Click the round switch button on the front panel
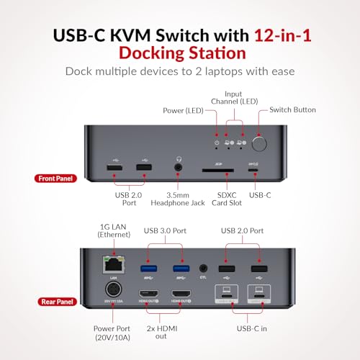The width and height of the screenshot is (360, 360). [259, 143]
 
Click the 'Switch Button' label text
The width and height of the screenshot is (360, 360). [292, 110]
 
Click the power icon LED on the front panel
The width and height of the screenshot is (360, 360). [217, 143]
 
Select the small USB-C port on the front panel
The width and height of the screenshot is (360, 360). [251, 170]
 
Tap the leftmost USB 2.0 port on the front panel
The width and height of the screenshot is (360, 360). [114, 168]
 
